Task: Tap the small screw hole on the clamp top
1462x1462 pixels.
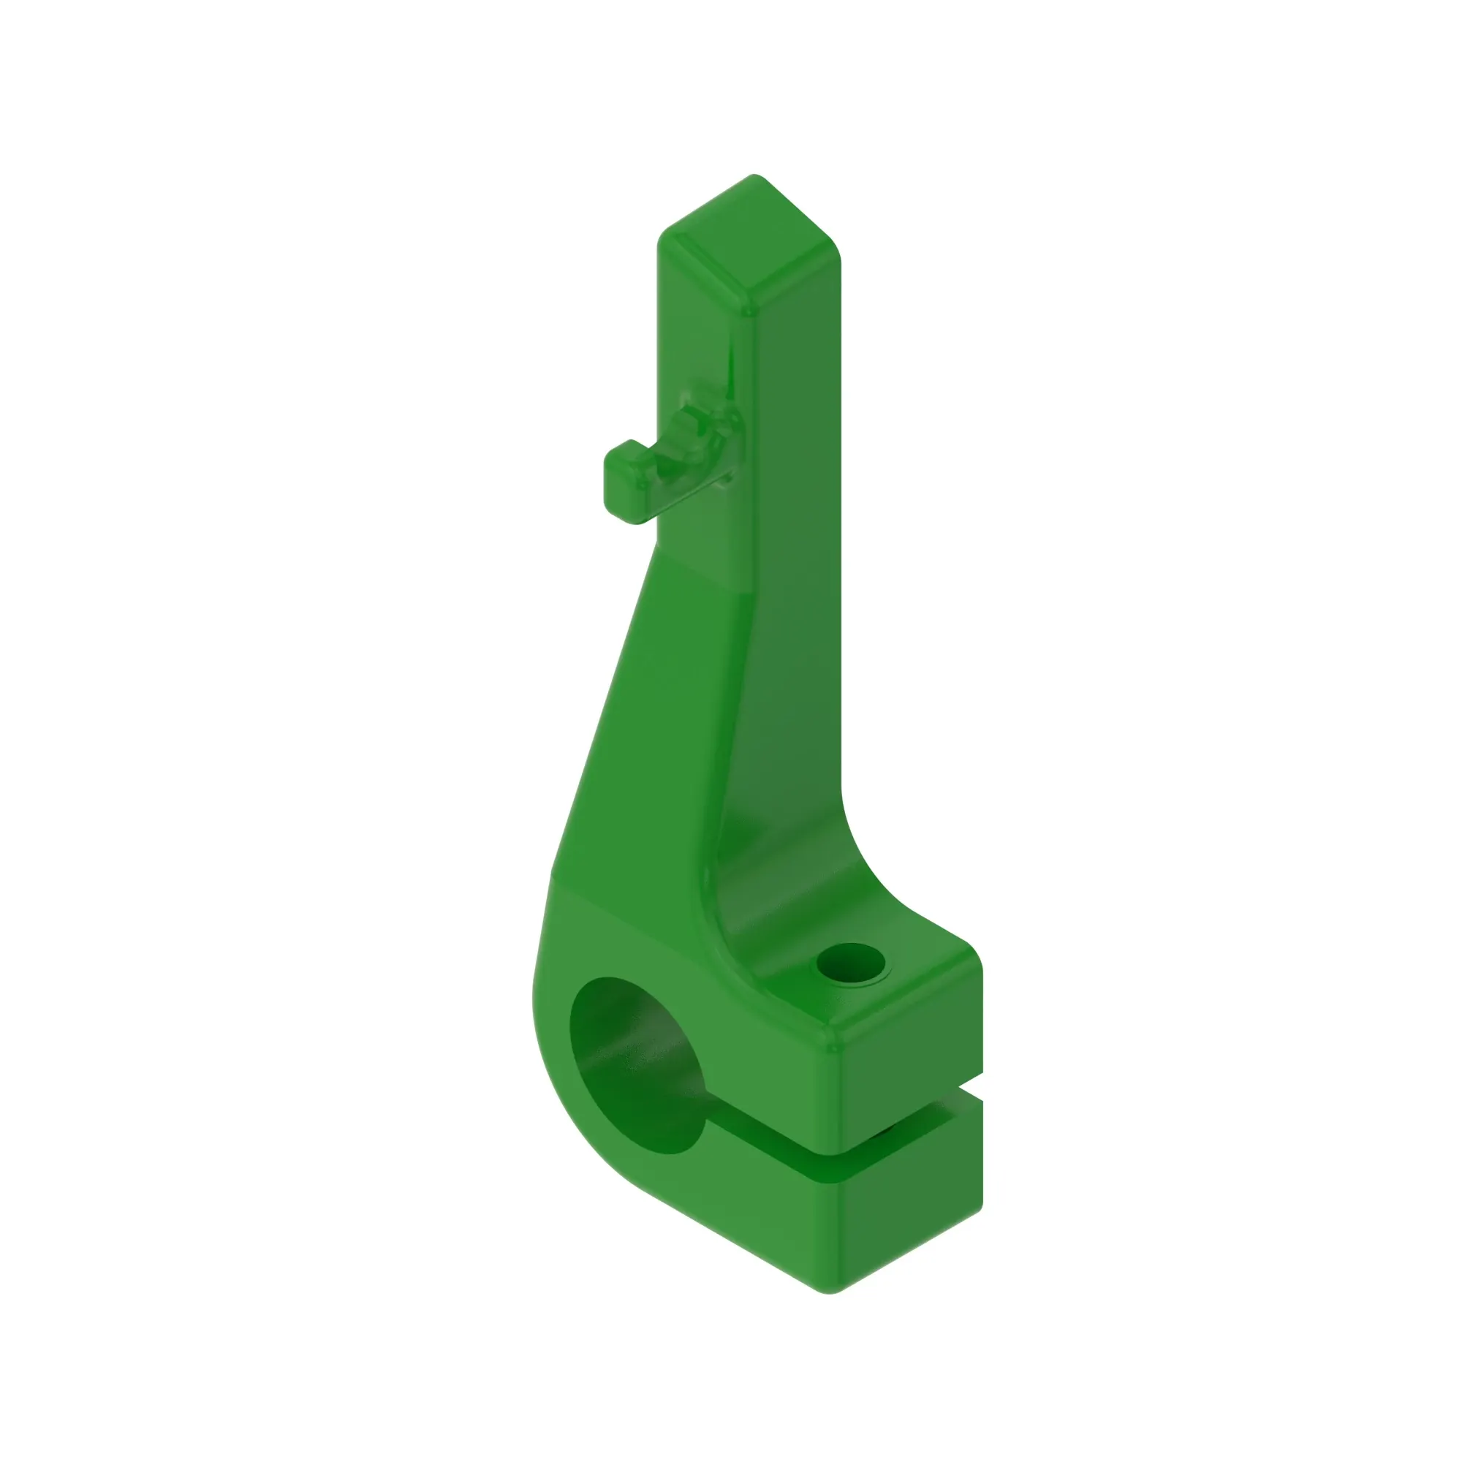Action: [851, 966]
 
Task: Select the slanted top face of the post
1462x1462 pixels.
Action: [749, 242]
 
